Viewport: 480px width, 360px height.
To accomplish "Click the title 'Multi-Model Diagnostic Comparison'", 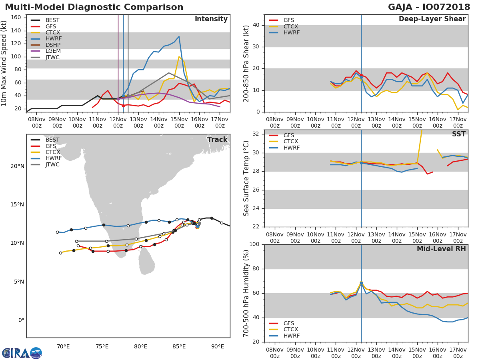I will coord(94,7).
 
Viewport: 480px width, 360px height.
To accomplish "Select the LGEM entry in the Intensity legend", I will coord(52,51).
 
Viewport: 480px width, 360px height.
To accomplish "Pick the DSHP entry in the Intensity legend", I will coord(52,45).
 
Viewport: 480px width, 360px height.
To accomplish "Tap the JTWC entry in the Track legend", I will coord(52,164).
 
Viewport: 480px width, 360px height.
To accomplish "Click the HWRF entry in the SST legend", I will coord(291,148).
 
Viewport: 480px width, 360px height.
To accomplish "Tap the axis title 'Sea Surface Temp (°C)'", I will coord(246,178).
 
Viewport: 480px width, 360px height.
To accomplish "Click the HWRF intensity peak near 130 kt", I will coord(179,36).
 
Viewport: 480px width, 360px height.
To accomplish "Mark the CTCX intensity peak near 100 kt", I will coord(179,57).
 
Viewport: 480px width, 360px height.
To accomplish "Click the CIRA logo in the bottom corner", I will coord(22,353).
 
